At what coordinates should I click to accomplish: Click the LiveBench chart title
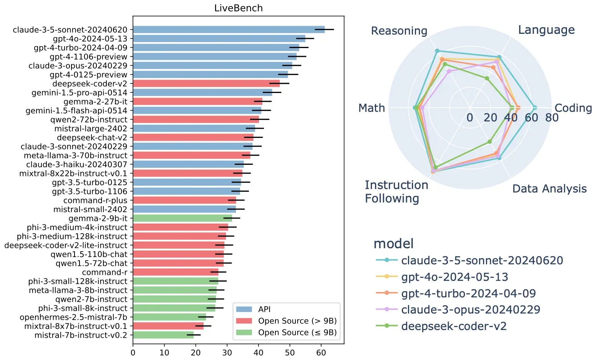coord(238,8)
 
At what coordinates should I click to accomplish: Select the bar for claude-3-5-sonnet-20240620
coord(229,30)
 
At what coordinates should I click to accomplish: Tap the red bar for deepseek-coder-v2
coord(206,83)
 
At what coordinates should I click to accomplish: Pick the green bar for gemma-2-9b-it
coord(182,218)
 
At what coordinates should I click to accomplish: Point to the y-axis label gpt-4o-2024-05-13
coord(90,38)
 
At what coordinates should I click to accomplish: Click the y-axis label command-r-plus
coord(95,200)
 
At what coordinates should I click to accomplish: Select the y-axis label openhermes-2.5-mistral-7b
coord(73,317)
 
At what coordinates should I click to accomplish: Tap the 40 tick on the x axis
coord(259,352)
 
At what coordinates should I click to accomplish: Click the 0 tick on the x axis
coord(133,352)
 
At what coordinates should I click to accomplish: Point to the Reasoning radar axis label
coord(399,31)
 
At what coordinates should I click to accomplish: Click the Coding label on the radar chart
coord(573,108)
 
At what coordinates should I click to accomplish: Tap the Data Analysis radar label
coord(549,189)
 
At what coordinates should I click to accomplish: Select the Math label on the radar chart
coord(371,108)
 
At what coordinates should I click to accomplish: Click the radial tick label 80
coord(552,118)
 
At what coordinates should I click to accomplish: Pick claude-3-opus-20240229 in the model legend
coord(471,310)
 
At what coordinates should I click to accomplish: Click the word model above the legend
coord(393,244)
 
